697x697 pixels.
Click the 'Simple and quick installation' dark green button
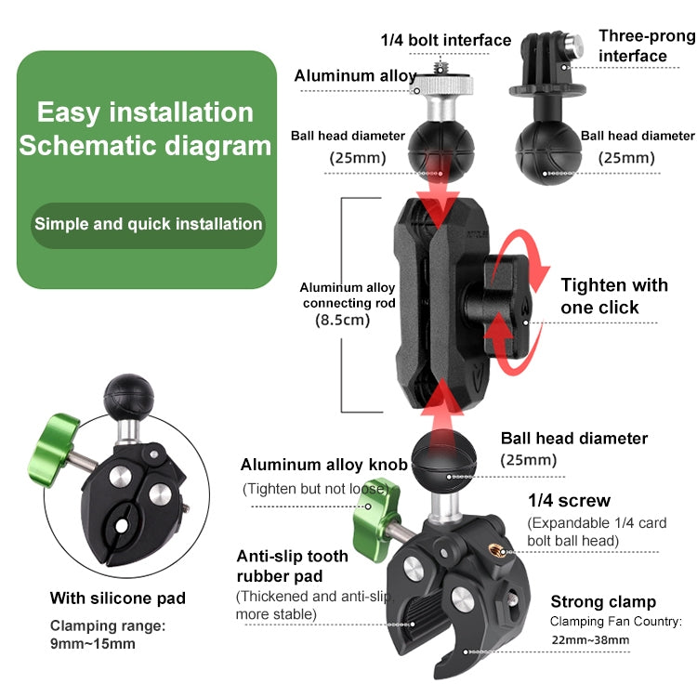click(x=148, y=224)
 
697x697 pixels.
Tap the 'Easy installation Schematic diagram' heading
click(x=146, y=129)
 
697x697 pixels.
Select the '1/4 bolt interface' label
click(x=446, y=40)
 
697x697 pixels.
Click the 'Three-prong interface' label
click(x=646, y=46)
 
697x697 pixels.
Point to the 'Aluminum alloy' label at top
click(x=355, y=75)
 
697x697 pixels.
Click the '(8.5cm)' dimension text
click(x=343, y=320)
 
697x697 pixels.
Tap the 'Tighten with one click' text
click(x=613, y=296)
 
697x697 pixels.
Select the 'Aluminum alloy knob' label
click(x=323, y=465)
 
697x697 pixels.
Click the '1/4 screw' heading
click(x=569, y=501)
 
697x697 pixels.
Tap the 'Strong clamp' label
click(x=603, y=601)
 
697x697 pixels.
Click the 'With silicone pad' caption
click(x=118, y=598)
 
